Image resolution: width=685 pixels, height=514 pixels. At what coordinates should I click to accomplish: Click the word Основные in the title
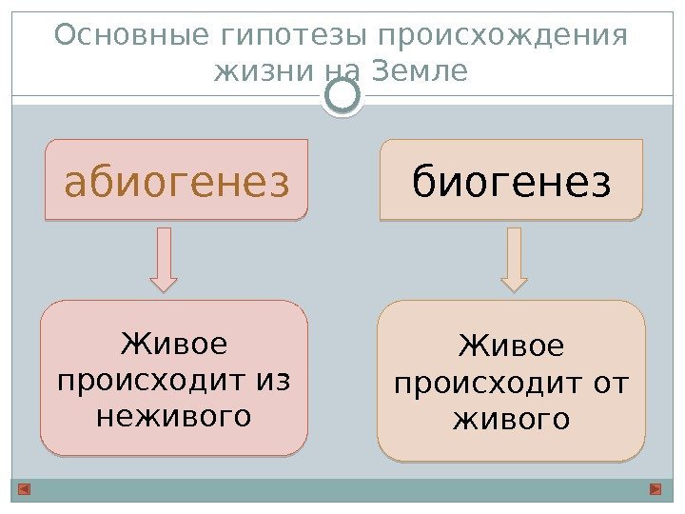133,35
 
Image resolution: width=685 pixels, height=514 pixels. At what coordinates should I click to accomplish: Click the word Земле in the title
426,71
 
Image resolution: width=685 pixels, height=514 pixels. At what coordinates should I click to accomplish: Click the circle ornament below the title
342,95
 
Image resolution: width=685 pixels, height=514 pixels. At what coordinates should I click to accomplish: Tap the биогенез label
512,181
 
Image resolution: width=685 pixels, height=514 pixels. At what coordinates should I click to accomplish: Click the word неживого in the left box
174,416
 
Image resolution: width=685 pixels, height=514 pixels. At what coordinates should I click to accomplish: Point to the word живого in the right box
512,419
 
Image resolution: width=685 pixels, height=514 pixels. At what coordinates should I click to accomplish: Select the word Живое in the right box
512,346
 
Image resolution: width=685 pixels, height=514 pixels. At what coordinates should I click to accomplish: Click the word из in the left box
272,380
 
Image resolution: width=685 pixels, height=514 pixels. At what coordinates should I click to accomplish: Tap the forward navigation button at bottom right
656,489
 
